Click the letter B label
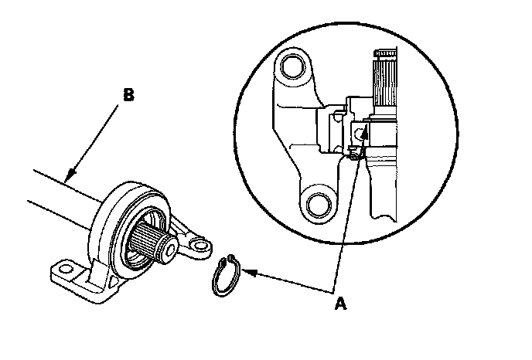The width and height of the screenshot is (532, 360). click(129, 95)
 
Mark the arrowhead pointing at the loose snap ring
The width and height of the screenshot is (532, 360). click(247, 271)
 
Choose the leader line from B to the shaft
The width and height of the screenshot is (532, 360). click(97, 139)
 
